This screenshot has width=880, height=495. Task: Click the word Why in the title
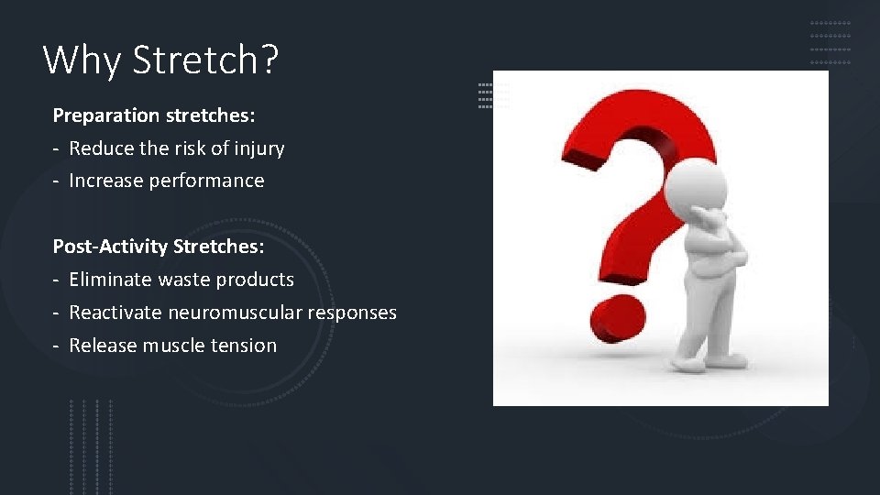tap(82, 60)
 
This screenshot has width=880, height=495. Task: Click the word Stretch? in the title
tap(205, 60)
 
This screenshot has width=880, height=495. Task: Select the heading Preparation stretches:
tap(154, 115)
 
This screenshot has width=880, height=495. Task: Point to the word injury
tap(259, 148)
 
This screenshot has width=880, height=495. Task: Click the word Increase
tap(104, 181)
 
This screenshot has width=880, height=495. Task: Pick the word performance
tap(205, 181)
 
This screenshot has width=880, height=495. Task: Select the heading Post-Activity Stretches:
tap(158, 247)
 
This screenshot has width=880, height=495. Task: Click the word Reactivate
tap(115, 313)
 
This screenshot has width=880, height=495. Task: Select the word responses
tap(352, 313)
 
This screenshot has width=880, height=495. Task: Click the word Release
tap(100, 346)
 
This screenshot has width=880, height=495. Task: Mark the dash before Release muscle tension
tap(57, 346)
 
